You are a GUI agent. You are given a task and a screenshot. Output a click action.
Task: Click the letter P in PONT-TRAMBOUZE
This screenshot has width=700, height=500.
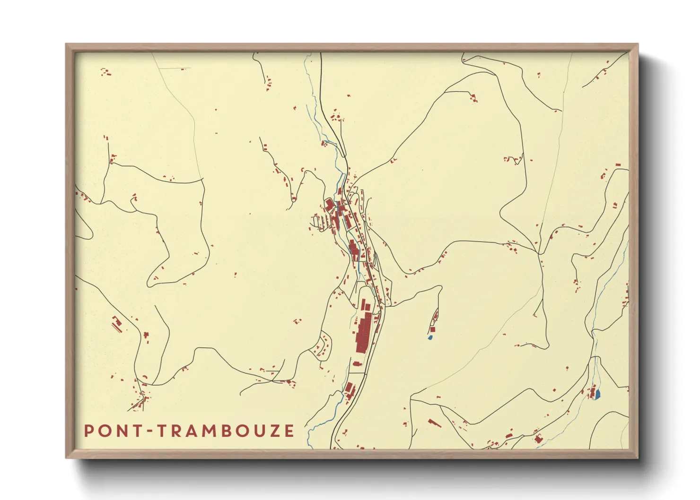(88, 431)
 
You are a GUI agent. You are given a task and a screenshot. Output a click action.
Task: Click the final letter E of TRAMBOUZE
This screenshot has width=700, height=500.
(289, 431)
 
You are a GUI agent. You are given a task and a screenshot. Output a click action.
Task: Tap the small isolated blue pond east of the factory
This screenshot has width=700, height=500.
(430, 337)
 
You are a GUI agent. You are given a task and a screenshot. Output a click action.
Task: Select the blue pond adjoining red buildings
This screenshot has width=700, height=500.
(597, 393)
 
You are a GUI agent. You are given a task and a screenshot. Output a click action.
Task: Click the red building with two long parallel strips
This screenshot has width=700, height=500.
(116, 324)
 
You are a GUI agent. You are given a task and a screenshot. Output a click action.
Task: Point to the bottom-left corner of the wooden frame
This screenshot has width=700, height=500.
(67, 457)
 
